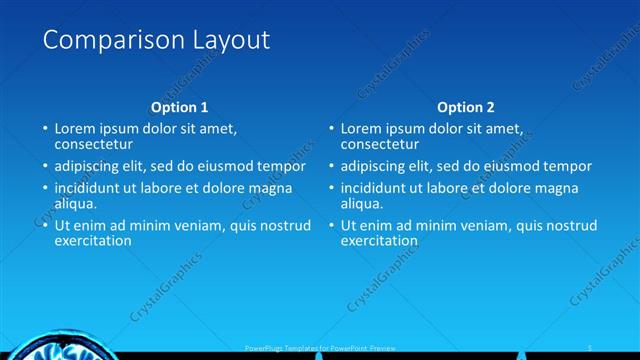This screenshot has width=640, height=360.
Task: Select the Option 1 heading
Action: (x=180, y=107)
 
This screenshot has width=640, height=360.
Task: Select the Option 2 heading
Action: (x=466, y=107)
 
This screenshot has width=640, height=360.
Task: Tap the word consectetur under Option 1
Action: (x=94, y=144)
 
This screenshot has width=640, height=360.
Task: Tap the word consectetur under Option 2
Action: (x=380, y=144)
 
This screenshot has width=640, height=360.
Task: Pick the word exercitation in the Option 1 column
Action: (x=93, y=240)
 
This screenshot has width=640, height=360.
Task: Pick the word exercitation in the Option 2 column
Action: (x=379, y=240)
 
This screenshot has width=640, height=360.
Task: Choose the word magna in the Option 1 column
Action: (x=270, y=187)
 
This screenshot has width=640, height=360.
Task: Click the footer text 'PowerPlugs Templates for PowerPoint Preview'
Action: (x=321, y=346)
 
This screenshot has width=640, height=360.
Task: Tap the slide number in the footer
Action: (x=591, y=346)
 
